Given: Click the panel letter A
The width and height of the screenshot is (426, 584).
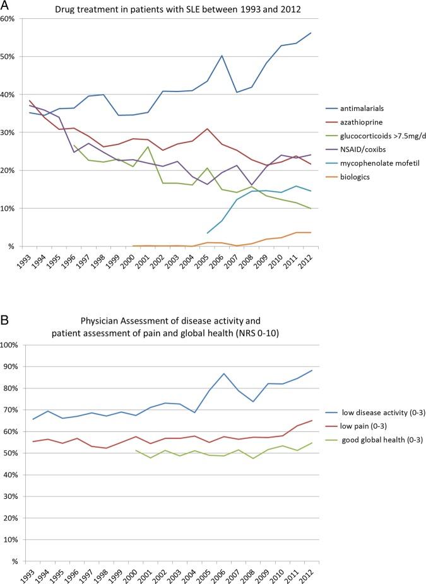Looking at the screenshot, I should click(6, 7).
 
